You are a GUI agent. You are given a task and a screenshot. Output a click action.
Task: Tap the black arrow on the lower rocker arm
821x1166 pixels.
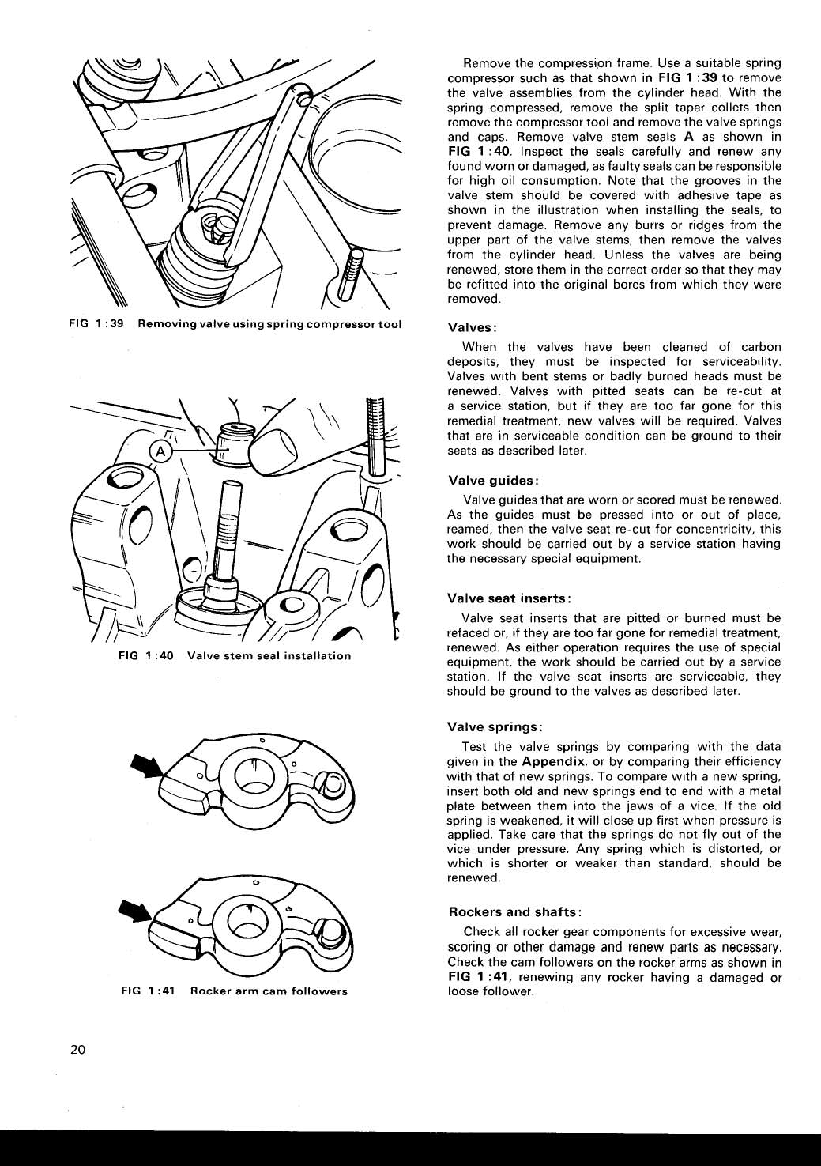(x=136, y=912)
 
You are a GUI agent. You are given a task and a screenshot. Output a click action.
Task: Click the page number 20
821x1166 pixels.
(x=77, y=1050)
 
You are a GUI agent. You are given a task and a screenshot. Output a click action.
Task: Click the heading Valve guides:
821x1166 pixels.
(x=494, y=481)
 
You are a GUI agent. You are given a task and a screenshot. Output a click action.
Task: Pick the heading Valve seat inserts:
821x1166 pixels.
(x=509, y=598)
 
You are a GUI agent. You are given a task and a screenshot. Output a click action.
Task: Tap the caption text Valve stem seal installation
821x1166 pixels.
(x=269, y=655)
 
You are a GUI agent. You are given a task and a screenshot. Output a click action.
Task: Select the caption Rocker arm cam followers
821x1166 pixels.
(x=269, y=991)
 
